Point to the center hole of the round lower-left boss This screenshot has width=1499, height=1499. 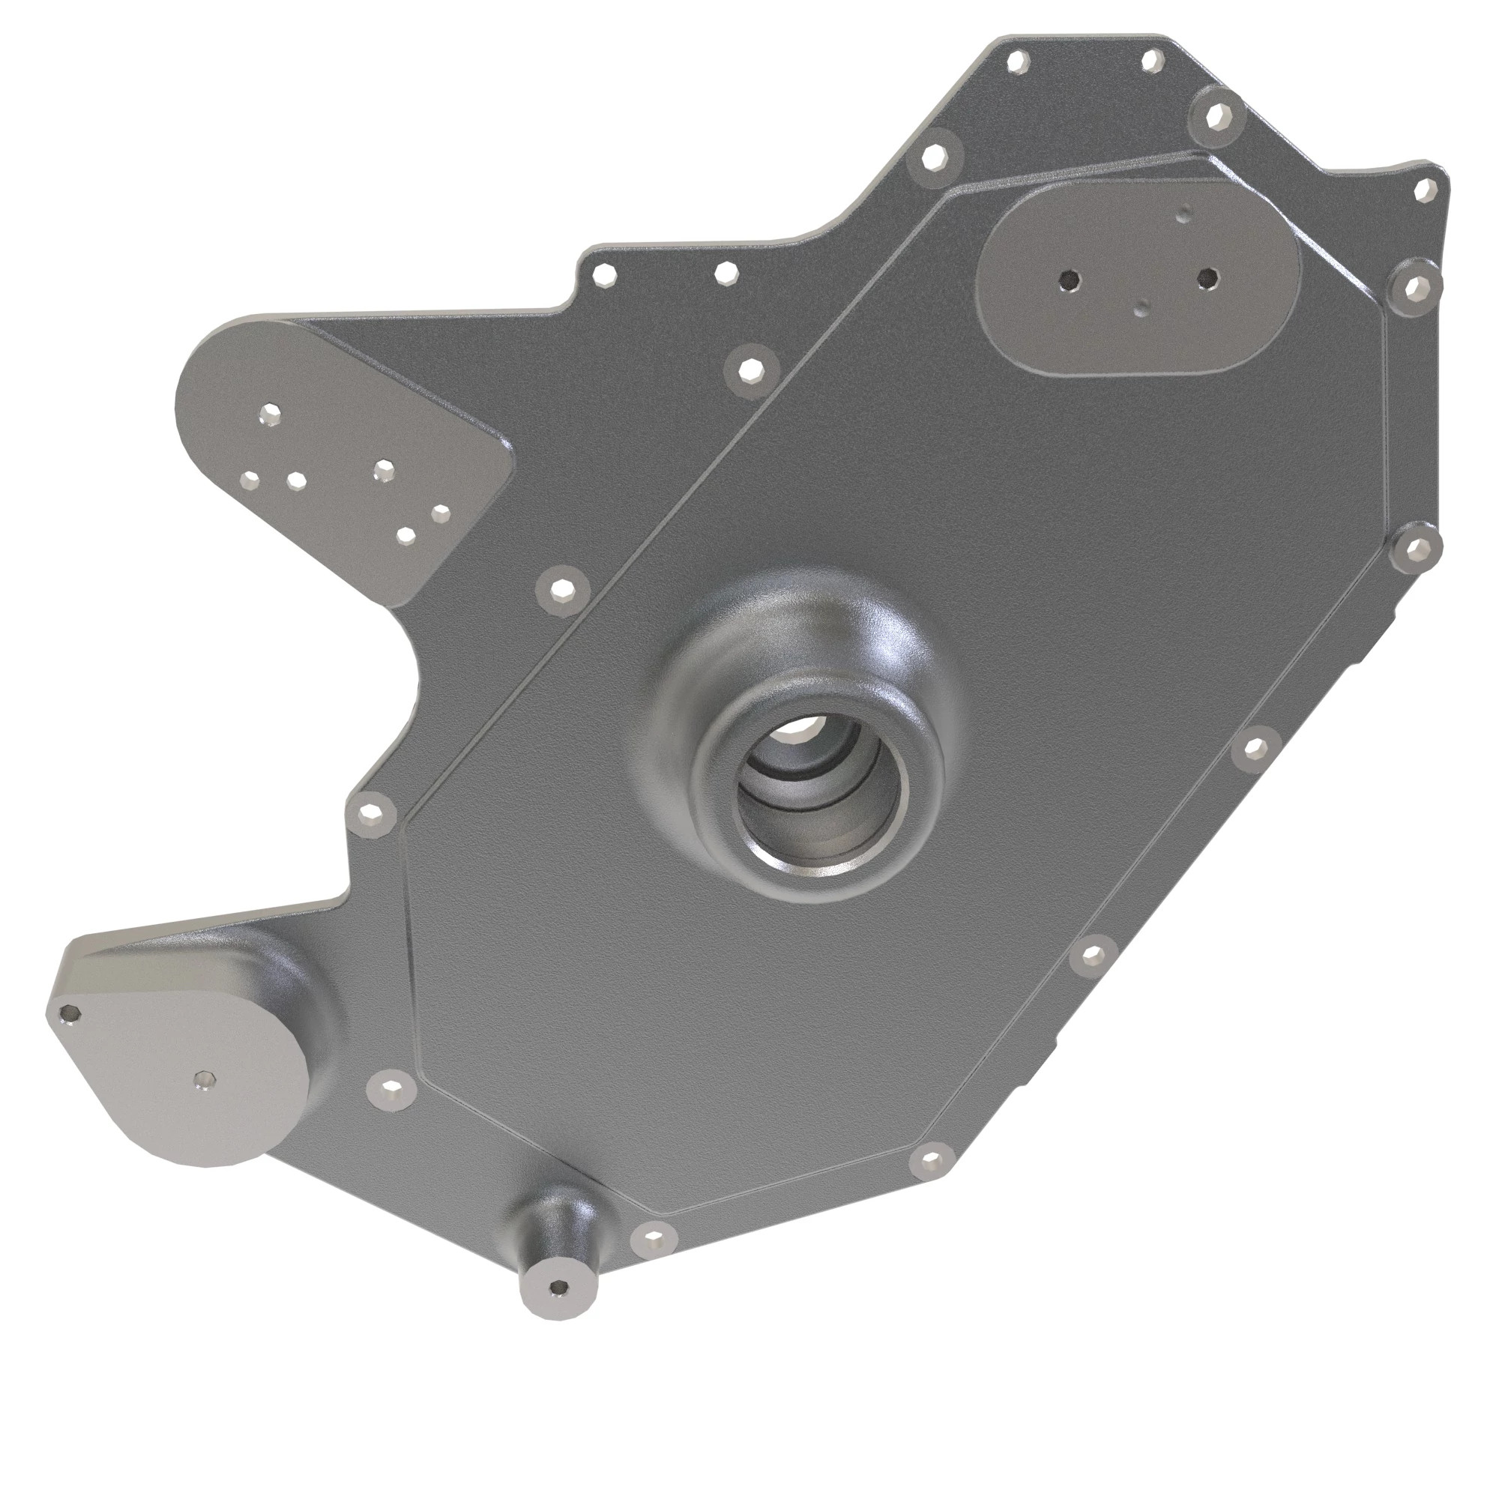click(x=204, y=1080)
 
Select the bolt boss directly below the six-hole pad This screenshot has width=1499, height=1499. click(x=561, y=590)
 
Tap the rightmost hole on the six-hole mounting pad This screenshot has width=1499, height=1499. click(x=440, y=512)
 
